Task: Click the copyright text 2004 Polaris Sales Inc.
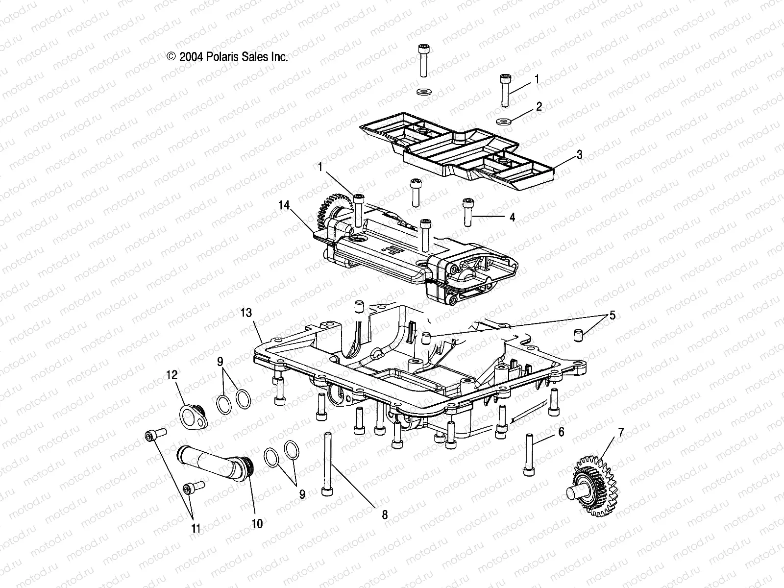pyautogui.click(x=227, y=57)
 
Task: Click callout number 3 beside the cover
pyautogui.click(x=579, y=155)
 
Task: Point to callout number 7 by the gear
pyautogui.click(x=621, y=432)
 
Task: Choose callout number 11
pyautogui.click(x=196, y=528)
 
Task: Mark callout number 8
pyautogui.click(x=385, y=514)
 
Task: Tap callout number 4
pyautogui.click(x=512, y=217)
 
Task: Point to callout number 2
pyautogui.click(x=539, y=107)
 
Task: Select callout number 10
pyautogui.click(x=257, y=523)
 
